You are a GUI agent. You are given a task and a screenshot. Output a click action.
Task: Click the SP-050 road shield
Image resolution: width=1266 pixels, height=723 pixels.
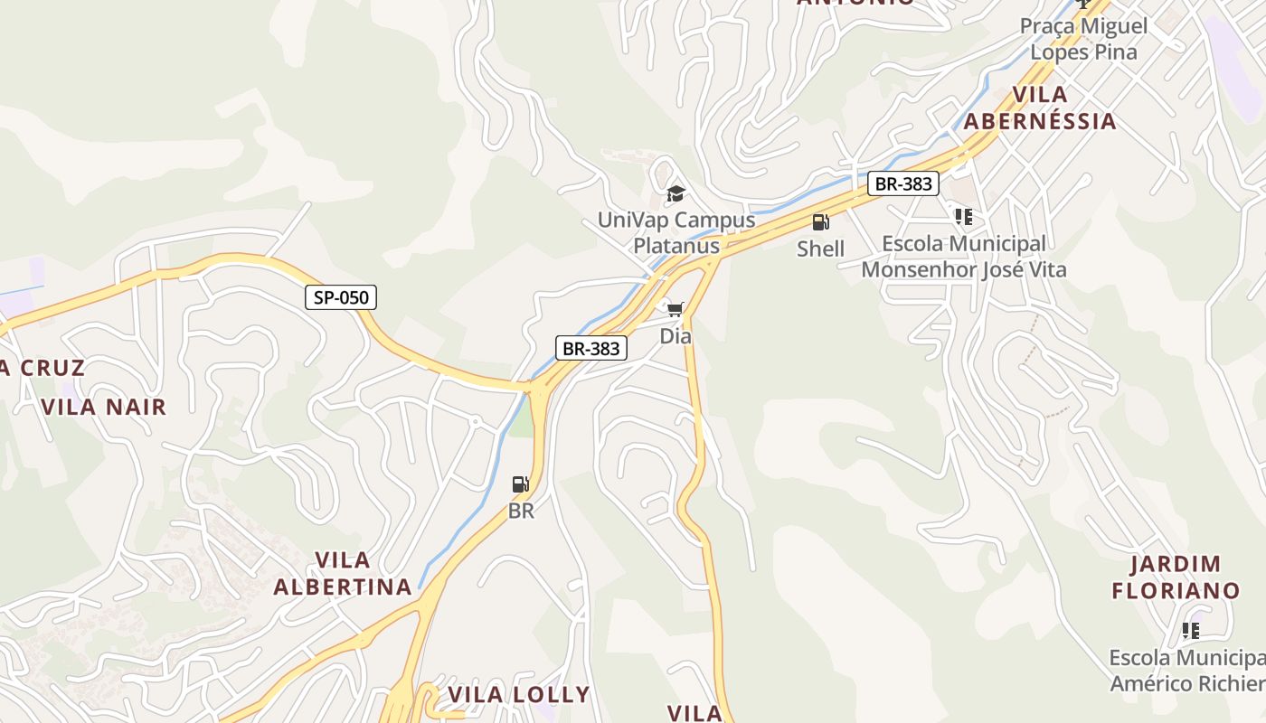(x=341, y=296)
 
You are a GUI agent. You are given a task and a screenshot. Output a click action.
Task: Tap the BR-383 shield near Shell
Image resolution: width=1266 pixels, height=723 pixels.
(x=903, y=184)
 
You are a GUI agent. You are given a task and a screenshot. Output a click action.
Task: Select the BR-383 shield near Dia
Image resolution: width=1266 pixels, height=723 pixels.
(x=590, y=348)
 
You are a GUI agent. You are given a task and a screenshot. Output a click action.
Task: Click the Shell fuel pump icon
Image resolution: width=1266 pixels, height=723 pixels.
(x=820, y=222)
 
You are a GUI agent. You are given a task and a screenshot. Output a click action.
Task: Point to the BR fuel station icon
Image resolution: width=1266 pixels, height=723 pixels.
(x=520, y=484)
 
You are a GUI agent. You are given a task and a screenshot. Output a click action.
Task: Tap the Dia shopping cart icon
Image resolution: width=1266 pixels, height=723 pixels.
(x=675, y=310)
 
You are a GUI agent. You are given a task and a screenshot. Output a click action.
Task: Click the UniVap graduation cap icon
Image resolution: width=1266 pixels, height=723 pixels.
(x=676, y=193)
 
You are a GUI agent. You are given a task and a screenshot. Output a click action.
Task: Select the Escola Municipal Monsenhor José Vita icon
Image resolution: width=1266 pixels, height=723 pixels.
(x=964, y=217)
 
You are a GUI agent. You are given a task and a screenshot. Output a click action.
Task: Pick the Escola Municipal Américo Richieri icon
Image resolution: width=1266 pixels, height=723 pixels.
(x=1191, y=631)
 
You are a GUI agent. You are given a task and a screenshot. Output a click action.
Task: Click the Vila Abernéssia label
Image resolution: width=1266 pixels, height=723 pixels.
(x=1040, y=108)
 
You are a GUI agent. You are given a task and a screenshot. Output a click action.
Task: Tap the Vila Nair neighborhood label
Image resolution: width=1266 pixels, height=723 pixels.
(x=104, y=407)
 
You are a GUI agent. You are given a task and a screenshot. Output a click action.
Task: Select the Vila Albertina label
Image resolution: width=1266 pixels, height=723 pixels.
(x=343, y=574)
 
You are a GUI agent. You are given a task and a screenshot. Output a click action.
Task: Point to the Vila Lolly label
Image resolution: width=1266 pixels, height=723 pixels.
(x=519, y=694)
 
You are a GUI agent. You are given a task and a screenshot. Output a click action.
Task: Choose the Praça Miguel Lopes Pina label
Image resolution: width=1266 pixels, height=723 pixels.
(x=1083, y=39)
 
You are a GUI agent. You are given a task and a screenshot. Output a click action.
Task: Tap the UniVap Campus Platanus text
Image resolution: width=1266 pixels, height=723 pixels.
(x=676, y=232)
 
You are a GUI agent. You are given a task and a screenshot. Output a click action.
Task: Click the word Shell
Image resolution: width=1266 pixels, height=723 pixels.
(x=820, y=249)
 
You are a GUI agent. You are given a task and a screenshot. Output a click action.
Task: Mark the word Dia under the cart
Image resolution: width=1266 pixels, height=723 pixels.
(x=676, y=336)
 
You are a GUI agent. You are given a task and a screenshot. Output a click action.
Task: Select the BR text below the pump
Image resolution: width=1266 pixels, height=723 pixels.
(x=521, y=511)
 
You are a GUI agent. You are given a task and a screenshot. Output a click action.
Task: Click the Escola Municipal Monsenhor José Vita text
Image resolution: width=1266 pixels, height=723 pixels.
(x=964, y=257)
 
